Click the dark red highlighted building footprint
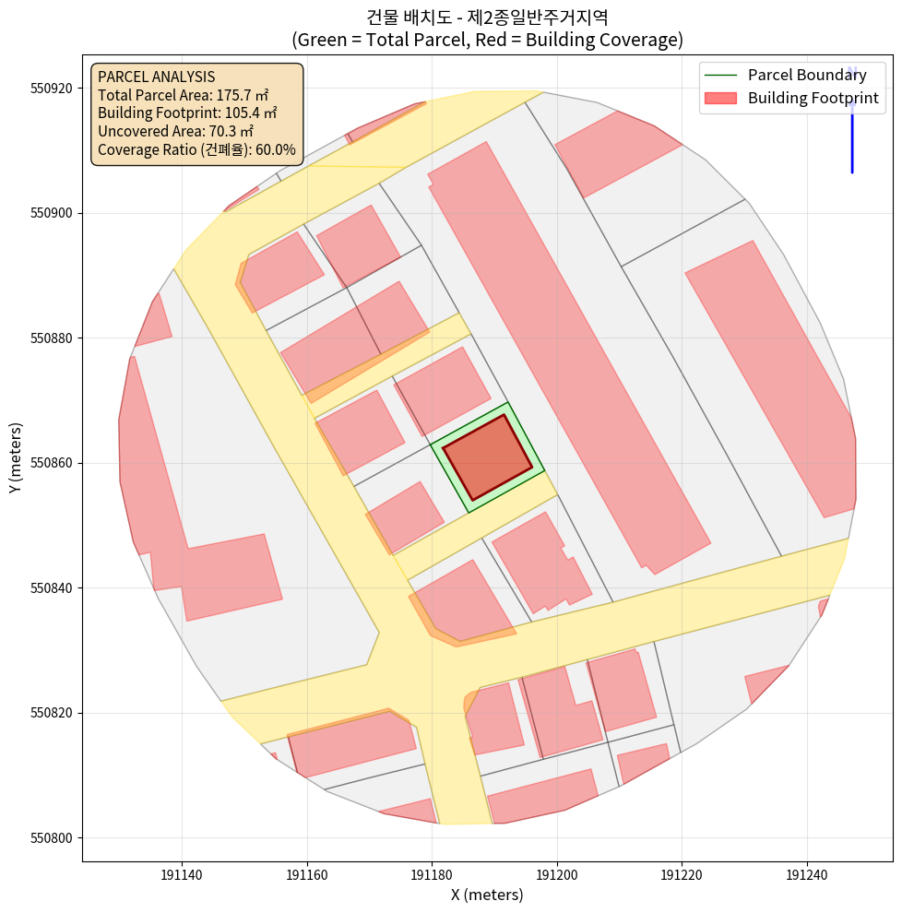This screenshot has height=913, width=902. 487,457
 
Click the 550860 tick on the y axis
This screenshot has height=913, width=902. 54,463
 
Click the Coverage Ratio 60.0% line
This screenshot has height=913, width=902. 196,149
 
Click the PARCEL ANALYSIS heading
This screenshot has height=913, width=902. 156,77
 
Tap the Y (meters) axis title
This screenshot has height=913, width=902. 15,457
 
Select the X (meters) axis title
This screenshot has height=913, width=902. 487,895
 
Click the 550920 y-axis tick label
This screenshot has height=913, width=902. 54,89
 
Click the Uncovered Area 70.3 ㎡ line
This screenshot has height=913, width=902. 174,131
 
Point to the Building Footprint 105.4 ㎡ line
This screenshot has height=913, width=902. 187,113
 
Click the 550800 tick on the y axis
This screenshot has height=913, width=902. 54,837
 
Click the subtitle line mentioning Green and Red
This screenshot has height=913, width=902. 487,40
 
